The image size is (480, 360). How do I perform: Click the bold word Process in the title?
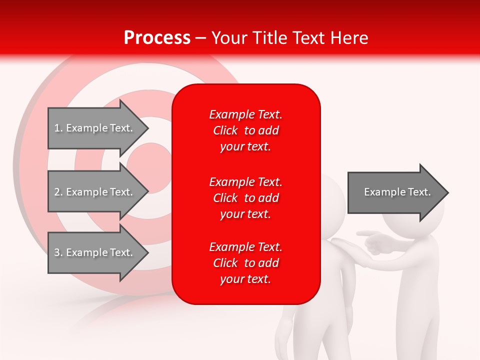pos(157,38)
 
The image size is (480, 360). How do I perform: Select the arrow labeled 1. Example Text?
pos(93,128)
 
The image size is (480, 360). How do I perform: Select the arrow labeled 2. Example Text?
pos(93,192)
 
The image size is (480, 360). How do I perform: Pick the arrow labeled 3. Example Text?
pos(93,252)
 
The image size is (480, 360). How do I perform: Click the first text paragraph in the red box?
pos(245,130)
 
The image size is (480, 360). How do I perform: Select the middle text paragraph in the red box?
pos(245,198)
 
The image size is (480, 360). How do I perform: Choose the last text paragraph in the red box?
pos(245,263)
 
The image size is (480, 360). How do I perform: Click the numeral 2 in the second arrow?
pos(57,192)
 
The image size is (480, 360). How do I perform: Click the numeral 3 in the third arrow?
pos(57,252)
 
